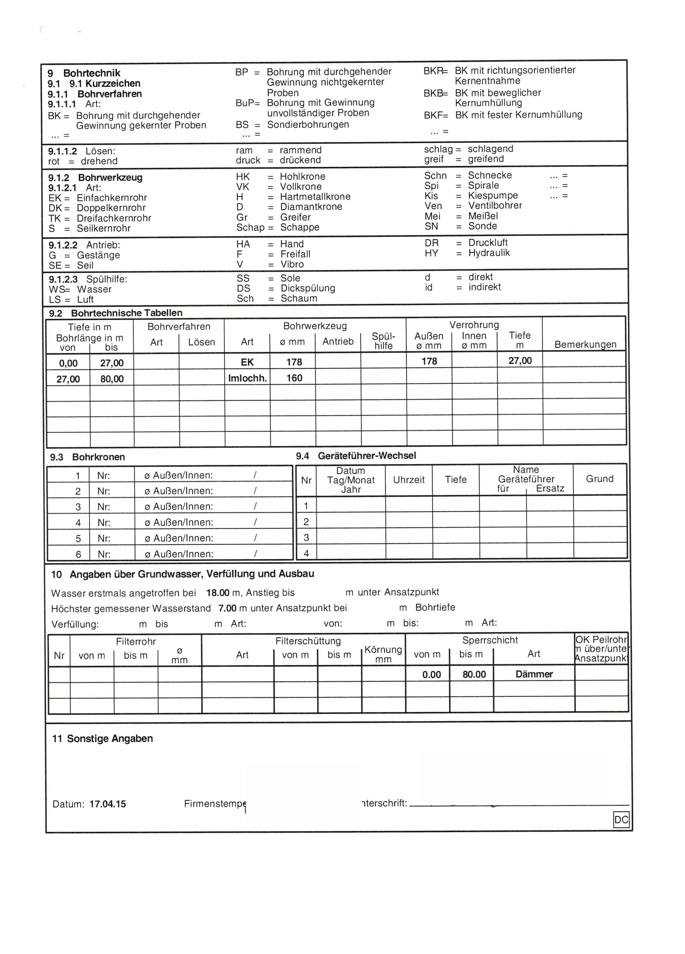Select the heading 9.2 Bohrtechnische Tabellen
(116, 313)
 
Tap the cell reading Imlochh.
(247, 378)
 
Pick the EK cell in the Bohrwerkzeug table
(247, 362)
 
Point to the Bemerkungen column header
(585, 344)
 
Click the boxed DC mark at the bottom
(621, 819)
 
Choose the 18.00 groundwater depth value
(218, 593)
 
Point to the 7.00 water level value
(227, 608)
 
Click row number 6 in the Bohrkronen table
(78, 554)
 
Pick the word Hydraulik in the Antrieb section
(489, 253)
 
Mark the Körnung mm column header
(383, 654)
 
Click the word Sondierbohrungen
(308, 124)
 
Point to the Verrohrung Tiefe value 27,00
(520, 361)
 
